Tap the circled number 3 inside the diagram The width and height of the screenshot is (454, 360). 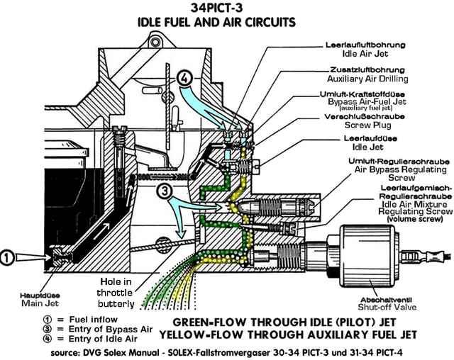pos(164,190)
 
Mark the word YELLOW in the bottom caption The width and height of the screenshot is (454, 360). pos(182,332)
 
